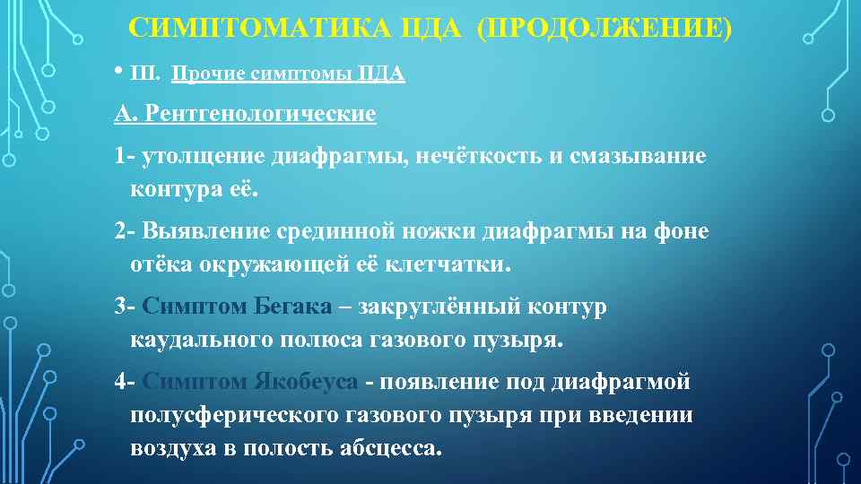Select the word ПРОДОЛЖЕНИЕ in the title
[604, 28]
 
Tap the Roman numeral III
[143, 74]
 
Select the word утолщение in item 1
[202, 156]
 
